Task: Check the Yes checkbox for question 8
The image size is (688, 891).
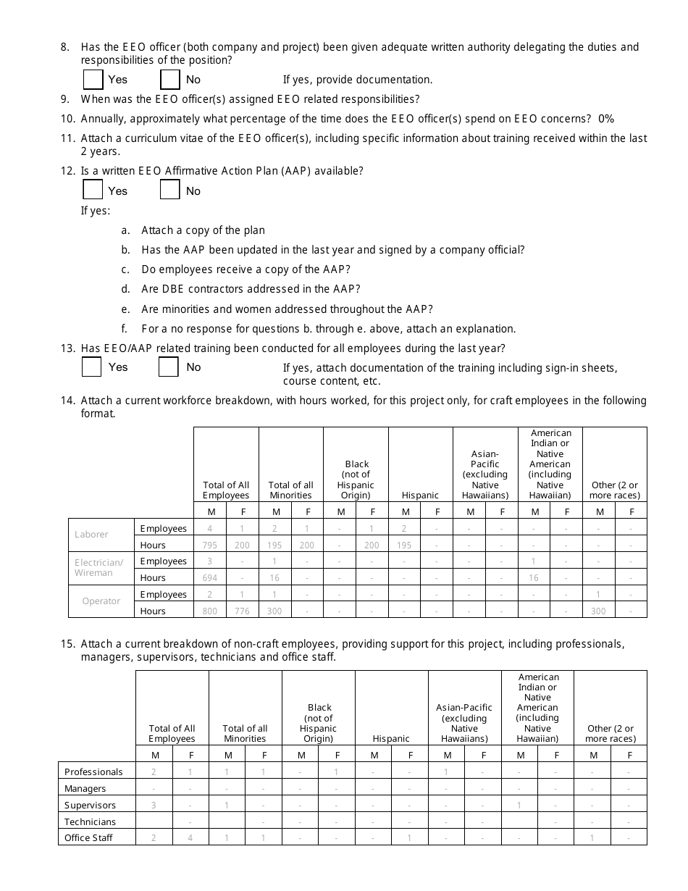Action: [93, 79]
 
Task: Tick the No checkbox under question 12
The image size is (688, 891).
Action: [170, 190]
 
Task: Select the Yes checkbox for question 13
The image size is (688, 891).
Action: [92, 367]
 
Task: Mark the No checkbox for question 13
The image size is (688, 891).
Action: [169, 367]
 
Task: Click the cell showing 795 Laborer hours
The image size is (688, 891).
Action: [210, 545]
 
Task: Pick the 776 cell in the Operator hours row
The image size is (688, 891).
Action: [242, 611]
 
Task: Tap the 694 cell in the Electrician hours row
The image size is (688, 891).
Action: [210, 577]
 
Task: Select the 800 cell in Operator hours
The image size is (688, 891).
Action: [210, 611]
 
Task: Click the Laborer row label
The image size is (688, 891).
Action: [91, 535]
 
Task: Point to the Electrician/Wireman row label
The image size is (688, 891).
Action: [99, 567]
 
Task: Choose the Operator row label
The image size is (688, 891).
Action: [101, 601]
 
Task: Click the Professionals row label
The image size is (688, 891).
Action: [93, 771]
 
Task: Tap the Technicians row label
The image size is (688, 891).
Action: [90, 821]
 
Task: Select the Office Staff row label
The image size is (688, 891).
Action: [89, 838]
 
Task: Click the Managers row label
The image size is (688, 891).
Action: [85, 788]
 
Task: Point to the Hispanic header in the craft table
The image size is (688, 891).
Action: [421, 495]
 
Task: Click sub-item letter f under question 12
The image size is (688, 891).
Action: [125, 328]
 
